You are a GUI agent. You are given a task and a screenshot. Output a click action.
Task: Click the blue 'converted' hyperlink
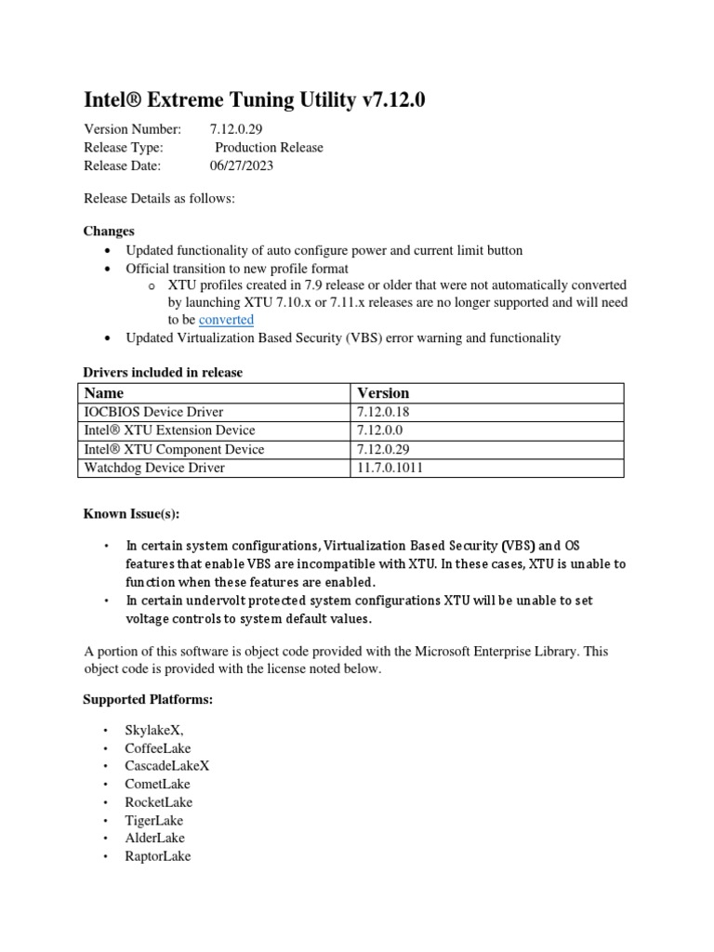[226, 320]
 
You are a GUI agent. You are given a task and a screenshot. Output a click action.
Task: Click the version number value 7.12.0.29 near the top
[242, 129]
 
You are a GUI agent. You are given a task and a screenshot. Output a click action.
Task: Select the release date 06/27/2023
[242, 165]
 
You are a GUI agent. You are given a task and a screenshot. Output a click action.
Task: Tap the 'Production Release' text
[269, 148]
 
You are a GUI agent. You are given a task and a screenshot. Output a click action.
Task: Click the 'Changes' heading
[109, 231]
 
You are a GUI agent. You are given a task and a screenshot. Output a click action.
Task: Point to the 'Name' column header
[104, 393]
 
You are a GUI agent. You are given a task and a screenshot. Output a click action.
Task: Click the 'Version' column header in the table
[383, 393]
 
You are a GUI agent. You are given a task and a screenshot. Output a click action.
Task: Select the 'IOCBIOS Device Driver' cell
[153, 412]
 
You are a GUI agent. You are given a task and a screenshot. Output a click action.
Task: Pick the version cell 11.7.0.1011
[390, 468]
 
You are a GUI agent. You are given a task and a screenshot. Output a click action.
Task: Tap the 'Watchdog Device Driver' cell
[154, 468]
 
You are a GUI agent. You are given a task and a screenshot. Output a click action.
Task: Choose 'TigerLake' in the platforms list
[154, 820]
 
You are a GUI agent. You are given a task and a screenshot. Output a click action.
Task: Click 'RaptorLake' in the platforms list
[158, 856]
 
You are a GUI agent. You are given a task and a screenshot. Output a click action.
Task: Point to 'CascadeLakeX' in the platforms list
[167, 766]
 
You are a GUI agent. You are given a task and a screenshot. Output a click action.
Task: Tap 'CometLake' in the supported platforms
[158, 784]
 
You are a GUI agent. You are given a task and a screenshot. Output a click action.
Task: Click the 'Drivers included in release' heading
[163, 373]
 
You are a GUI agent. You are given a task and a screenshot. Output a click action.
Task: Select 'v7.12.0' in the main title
[393, 99]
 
